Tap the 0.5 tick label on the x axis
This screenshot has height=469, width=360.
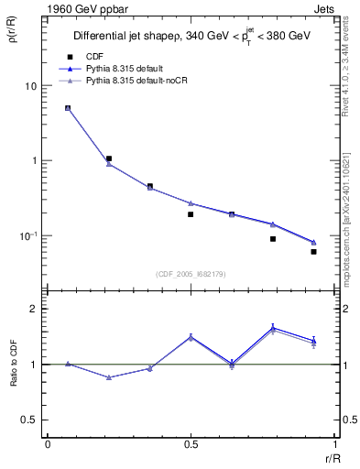(191, 446)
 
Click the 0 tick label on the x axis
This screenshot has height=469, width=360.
(48, 446)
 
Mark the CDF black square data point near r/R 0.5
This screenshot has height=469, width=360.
(191, 214)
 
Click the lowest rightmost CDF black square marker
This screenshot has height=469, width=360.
(313, 251)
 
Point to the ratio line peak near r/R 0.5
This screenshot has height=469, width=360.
(191, 336)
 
